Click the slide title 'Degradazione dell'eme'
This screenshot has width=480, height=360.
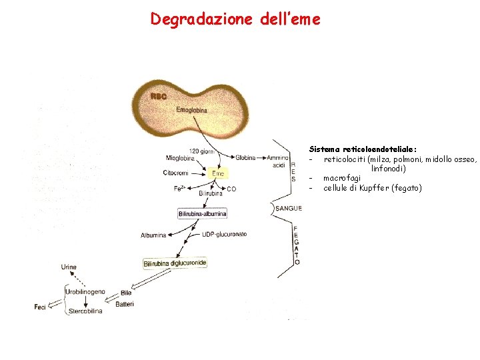coord(235,19)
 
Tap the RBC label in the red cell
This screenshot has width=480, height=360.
coord(159,97)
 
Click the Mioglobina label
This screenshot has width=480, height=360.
coord(181,158)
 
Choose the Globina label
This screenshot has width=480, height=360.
coord(245,158)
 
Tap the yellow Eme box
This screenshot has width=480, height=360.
coord(218,173)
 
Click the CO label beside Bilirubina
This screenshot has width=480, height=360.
coord(231,189)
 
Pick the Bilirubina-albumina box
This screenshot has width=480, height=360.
coord(203,213)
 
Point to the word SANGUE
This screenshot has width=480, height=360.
coord(289,209)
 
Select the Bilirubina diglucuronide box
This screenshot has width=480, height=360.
coord(175,264)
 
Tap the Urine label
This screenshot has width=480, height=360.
coord(69,267)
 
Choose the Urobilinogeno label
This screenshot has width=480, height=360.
coord(85,292)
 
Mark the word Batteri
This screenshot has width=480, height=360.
coord(125,305)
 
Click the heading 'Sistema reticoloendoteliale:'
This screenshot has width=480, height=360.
coord(363,149)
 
